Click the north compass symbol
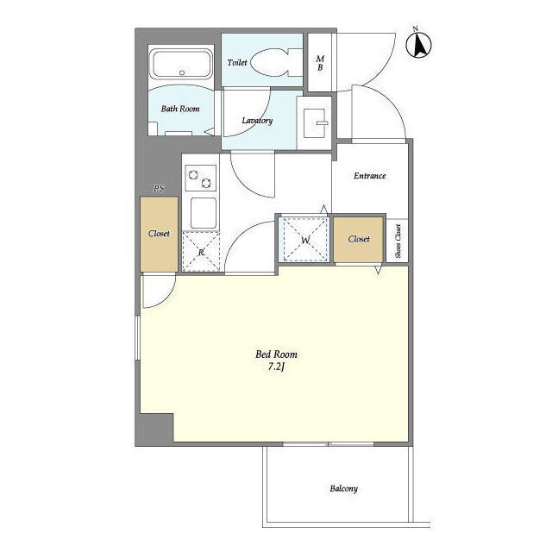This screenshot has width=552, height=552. point(418,44)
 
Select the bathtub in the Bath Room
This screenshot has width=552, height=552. point(181,64)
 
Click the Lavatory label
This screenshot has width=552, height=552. point(257,121)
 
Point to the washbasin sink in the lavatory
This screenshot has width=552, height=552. point(315,122)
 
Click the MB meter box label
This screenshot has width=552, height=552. point(320,63)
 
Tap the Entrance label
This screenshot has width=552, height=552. point(370,176)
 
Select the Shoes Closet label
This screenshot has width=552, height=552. point(398,241)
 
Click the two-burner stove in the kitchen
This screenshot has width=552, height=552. point(200,179)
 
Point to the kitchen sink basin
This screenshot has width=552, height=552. point(204,213)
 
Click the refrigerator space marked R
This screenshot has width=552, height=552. point(201,251)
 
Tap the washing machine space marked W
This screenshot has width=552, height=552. point(305,240)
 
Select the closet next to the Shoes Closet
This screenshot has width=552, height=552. point(359,240)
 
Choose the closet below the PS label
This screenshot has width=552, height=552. point(159,234)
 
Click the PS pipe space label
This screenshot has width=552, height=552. point(159,188)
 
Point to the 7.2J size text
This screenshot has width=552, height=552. point(276,367)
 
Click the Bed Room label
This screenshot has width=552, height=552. point(276,354)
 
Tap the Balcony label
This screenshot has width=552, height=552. point(343,489)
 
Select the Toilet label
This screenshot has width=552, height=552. point(237,63)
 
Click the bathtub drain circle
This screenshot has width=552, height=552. point(182,72)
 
